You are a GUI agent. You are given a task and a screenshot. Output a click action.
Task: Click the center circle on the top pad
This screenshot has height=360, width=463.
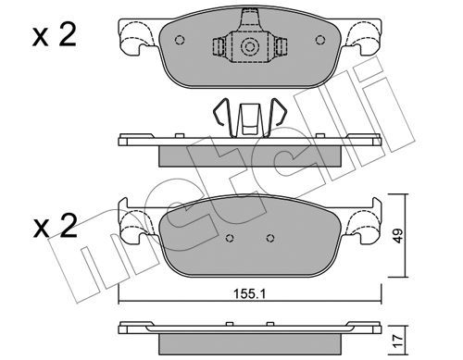pos(247,47)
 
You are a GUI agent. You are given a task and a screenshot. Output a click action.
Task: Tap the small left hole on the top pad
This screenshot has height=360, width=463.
pos(181,41)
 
